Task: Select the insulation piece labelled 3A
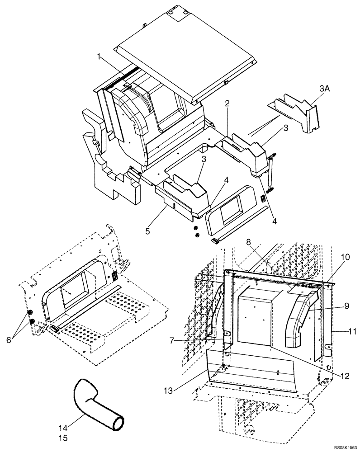(296, 111)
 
